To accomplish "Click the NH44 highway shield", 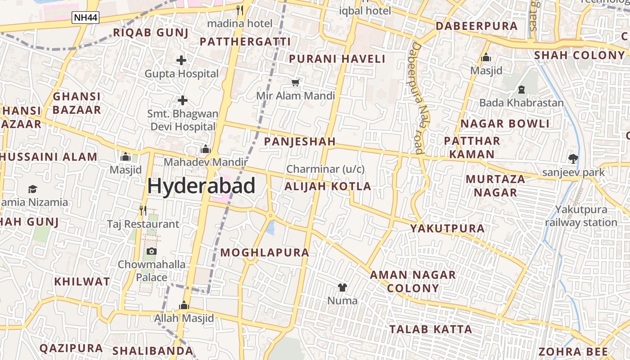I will [x=85, y=18].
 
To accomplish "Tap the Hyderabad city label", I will [x=201, y=186].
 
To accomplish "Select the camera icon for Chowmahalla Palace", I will [x=152, y=251].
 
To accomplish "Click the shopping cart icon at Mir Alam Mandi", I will [x=296, y=82].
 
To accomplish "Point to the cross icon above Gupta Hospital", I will [x=181, y=60].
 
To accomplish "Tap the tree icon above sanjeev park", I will [x=573, y=158].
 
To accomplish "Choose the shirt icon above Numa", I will [x=342, y=287].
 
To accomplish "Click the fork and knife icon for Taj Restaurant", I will [x=143, y=210].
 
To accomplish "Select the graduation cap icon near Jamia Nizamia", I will [x=32, y=189].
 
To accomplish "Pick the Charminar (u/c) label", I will [x=325, y=169].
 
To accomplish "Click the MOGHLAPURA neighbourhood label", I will [x=265, y=252].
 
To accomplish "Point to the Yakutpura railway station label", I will [x=581, y=216].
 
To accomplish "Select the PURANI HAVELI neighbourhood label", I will [x=337, y=59].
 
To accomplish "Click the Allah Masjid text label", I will [x=184, y=318].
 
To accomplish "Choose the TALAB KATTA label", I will [x=431, y=329].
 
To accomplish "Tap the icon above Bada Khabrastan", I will [x=522, y=90].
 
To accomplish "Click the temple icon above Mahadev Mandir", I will [x=206, y=149].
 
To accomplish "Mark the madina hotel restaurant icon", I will [x=240, y=10].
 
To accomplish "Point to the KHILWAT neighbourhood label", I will [x=82, y=282].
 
